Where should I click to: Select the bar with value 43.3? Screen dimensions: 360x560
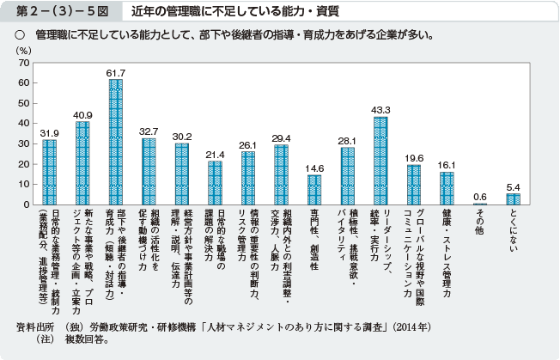(380, 162)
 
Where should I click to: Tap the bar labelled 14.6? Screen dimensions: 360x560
(314, 190)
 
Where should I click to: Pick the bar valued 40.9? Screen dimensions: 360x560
(82, 163)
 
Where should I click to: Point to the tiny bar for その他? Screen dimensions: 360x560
(480, 204)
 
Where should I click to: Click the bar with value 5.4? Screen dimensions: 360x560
(513, 199)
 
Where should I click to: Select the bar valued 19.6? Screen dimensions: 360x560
(414, 186)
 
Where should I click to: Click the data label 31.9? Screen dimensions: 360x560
(50, 132)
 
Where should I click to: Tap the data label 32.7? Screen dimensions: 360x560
(149, 131)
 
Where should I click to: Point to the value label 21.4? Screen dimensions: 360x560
(215, 154)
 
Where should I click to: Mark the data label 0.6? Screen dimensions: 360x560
(480, 196)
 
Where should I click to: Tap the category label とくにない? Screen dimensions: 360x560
(514, 231)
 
